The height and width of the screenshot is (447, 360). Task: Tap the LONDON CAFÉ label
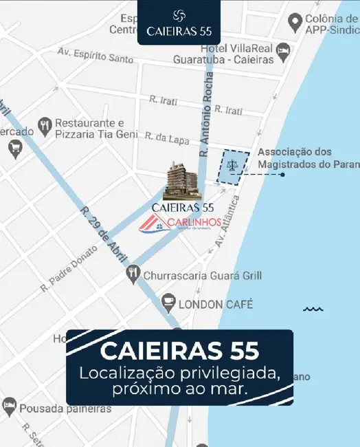point(216,303)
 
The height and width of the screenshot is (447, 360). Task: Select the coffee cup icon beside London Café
point(168,301)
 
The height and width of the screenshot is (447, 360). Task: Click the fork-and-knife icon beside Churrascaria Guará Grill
point(133,275)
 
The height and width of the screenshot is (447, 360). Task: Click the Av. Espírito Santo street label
point(95,54)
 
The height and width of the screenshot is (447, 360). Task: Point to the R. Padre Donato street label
point(69,269)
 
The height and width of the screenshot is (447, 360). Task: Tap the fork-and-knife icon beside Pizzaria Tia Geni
point(45,125)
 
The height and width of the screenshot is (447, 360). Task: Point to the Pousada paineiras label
point(66,408)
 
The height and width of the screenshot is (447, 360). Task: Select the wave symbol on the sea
point(313,309)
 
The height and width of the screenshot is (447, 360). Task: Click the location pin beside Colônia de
point(295,24)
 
